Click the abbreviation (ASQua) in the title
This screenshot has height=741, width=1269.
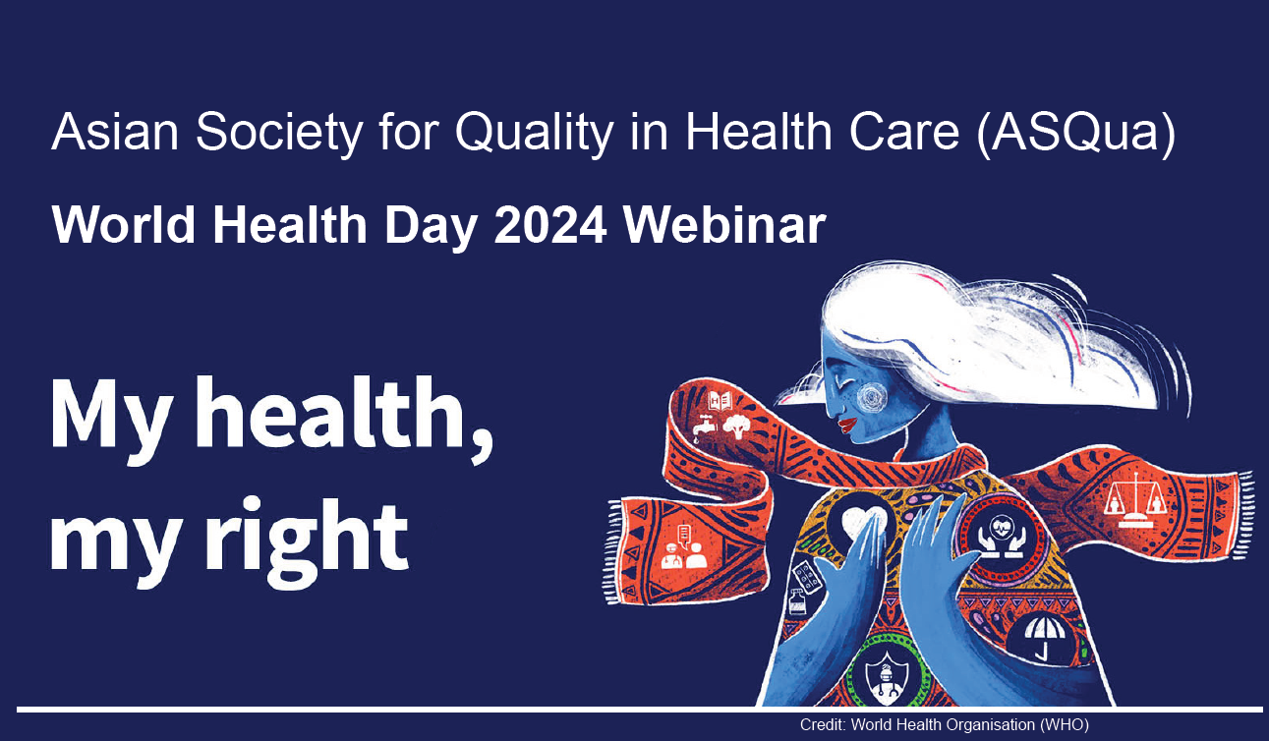pyautogui.click(x=1075, y=133)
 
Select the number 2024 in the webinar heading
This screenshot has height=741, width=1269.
pyautogui.click(x=550, y=225)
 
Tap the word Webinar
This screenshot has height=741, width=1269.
pyautogui.click(x=724, y=225)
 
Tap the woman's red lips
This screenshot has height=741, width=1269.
pyautogui.click(x=848, y=425)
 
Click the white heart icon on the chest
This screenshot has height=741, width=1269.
pyautogui.click(x=862, y=521)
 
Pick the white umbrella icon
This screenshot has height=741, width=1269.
pyautogui.click(x=1042, y=638)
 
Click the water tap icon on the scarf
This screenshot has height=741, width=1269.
pyautogui.click(x=705, y=427)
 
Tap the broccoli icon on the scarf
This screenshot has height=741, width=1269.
pyautogui.click(x=735, y=426)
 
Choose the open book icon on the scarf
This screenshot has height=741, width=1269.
pyautogui.click(x=721, y=400)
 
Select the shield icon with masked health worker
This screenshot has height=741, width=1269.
pyautogui.click(x=888, y=677)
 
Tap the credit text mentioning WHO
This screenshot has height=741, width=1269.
pyautogui.click(x=945, y=724)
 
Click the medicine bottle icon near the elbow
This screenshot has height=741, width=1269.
pyautogui.click(x=797, y=602)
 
